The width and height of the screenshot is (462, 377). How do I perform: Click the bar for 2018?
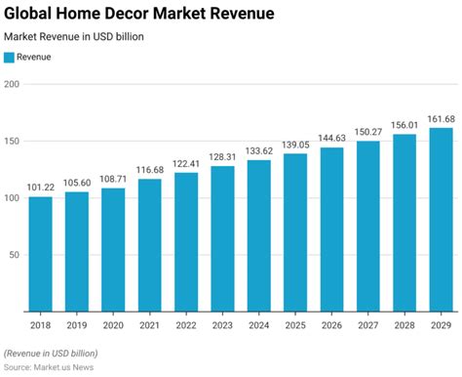(x=41, y=254)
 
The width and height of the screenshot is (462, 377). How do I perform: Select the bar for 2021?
(x=148, y=245)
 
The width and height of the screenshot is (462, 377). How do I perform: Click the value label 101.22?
(x=41, y=188)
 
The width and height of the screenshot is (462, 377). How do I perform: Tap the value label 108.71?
(x=112, y=180)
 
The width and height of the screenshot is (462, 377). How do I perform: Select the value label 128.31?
(x=220, y=158)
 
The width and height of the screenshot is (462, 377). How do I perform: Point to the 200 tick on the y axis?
(x=12, y=84)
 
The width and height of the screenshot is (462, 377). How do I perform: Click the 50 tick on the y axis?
(x=15, y=255)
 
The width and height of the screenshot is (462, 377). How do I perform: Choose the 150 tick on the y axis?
(x=12, y=141)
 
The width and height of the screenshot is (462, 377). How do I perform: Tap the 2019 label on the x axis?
(x=76, y=324)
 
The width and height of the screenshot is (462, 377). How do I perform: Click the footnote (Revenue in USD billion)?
(x=51, y=352)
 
